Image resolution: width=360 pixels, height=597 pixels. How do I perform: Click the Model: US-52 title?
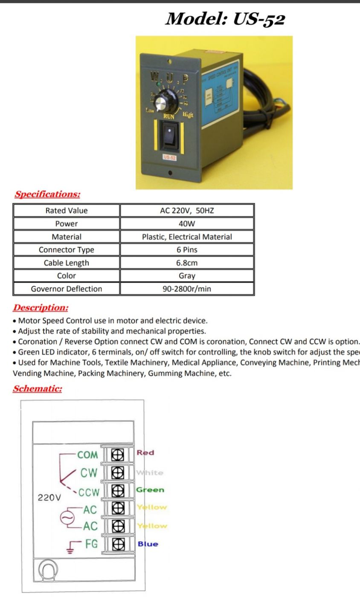point(225,18)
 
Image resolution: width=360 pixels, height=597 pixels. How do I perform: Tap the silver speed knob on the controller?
point(162,102)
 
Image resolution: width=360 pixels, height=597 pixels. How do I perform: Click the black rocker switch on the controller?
point(169,136)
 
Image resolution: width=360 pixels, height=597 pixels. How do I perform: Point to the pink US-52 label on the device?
point(169,157)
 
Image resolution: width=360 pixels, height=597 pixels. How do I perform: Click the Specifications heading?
point(47,194)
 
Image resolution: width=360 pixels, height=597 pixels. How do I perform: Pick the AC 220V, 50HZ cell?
point(187,211)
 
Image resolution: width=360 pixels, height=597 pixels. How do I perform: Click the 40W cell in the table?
point(187,223)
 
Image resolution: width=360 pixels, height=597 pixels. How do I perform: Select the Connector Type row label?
point(66,250)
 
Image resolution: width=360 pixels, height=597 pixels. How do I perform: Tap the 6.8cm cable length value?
point(187,263)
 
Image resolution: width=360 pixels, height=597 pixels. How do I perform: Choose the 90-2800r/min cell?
point(187,289)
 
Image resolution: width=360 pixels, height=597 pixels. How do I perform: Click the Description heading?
point(41,307)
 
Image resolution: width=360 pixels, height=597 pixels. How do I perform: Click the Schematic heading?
point(38,388)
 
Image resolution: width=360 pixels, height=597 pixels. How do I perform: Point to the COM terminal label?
point(87,455)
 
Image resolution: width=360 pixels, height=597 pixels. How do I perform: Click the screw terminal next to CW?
point(117,472)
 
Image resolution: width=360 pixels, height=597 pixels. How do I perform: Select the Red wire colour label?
point(145,453)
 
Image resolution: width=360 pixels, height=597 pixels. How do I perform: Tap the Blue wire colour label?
point(148,544)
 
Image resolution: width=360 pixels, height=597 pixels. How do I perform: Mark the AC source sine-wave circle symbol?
point(67,518)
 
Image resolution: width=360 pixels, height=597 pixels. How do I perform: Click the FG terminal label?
point(91,544)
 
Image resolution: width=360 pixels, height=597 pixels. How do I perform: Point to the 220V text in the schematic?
point(49,498)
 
